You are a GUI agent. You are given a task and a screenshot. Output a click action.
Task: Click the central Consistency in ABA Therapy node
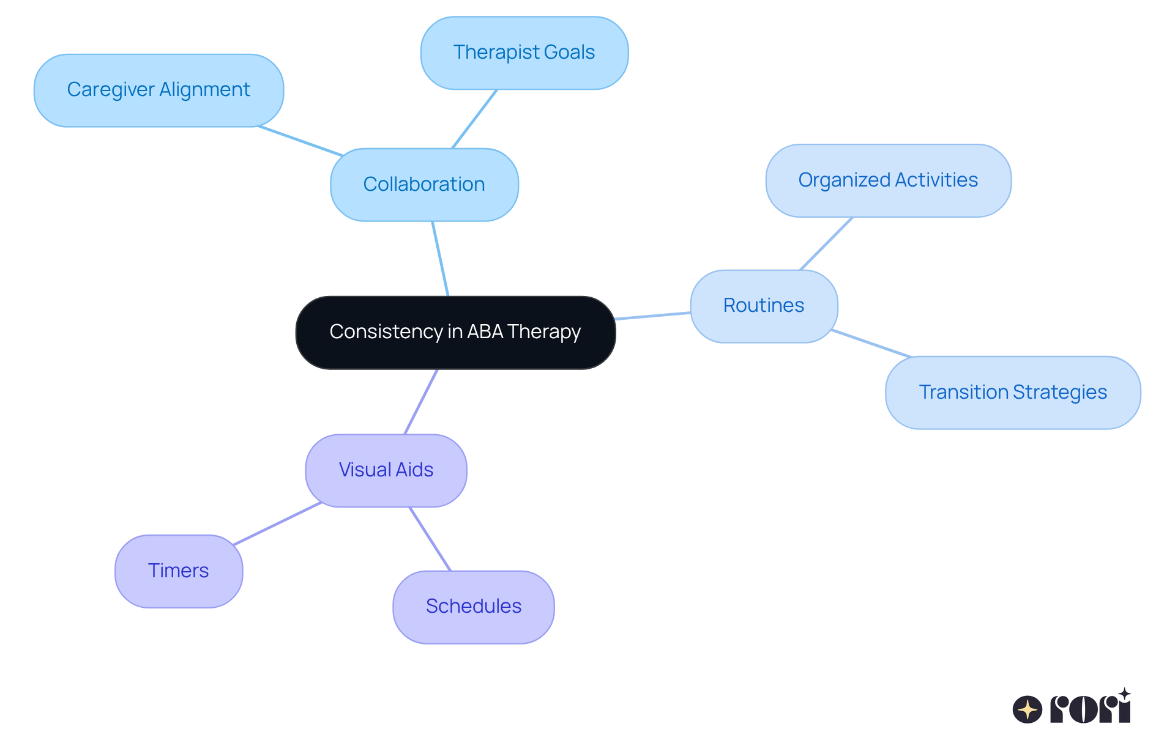point(455,332)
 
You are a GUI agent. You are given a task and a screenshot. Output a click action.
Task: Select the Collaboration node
point(424,184)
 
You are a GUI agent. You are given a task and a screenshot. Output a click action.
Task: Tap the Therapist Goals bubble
point(524,53)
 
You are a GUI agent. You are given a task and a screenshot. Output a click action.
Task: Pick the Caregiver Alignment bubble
point(159,90)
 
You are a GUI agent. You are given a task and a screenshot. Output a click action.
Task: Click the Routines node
point(763,305)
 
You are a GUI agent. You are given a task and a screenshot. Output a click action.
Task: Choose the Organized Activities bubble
point(887,180)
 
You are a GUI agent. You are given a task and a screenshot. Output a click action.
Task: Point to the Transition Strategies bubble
point(1012,392)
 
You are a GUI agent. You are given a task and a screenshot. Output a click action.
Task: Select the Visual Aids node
point(386,470)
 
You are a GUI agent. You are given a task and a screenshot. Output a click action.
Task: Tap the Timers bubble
point(178,571)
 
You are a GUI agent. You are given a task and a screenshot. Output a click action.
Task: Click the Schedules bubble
point(473,606)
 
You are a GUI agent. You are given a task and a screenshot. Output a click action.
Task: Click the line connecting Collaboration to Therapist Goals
point(474,119)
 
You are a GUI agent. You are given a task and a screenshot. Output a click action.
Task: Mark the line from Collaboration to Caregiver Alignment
point(300,141)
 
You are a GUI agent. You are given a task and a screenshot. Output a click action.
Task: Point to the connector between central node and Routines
point(652,316)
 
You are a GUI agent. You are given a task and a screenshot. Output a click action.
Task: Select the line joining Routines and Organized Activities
point(826,243)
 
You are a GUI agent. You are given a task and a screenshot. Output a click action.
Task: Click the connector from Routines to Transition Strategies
point(871,343)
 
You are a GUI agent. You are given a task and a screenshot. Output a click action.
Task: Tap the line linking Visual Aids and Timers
point(277,523)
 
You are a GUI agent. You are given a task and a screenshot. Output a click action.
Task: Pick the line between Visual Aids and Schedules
point(430,539)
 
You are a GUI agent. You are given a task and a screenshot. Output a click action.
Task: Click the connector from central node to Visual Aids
point(421,402)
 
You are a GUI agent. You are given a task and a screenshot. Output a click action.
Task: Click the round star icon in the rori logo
point(1027,709)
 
